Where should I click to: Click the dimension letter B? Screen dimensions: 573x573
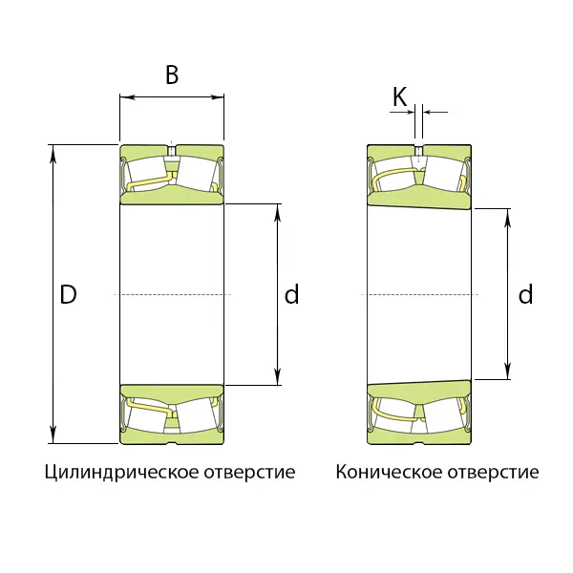172,74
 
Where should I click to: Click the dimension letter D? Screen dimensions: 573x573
69,294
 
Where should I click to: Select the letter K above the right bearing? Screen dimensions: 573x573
399,96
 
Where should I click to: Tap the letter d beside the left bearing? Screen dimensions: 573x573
291,294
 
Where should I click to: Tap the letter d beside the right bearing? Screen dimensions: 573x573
525,294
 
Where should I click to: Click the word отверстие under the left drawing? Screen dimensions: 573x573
249,472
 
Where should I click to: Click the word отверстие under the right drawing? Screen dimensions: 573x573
493,472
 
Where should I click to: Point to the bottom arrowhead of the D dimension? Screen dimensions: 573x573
53,435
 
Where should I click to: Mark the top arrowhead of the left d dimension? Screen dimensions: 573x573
278,212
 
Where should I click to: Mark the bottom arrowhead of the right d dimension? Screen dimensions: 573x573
508,371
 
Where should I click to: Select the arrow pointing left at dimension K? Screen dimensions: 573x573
435,112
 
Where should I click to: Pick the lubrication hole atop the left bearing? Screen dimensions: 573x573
171,150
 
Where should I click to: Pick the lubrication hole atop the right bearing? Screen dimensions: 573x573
419,150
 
